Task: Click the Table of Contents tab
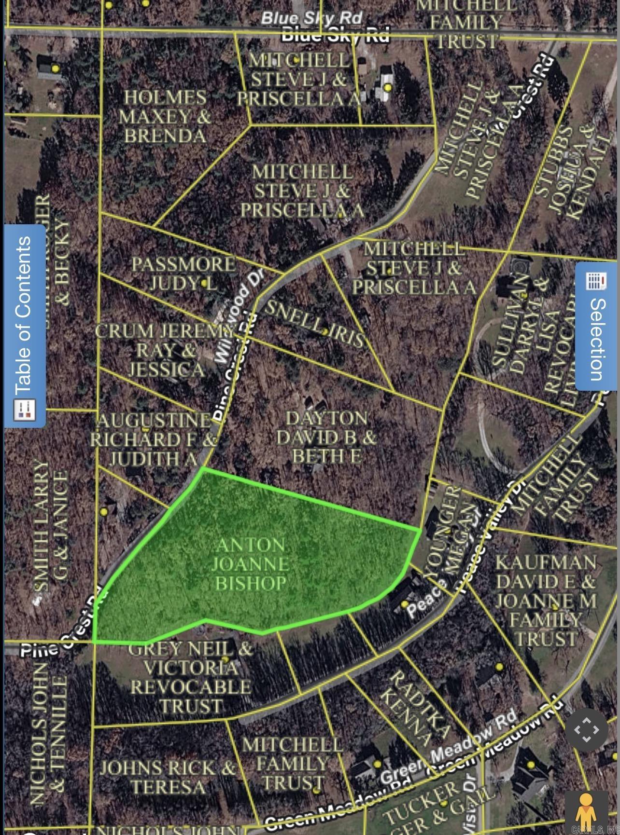pyautogui.click(x=25, y=327)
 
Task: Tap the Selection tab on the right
pyautogui.click(x=597, y=327)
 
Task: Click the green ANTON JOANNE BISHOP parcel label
pyautogui.click(x=250, y=564)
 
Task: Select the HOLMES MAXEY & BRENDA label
pyautogui.click(x=165, y=117)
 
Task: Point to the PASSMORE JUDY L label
pyautogui.click(x=183, y=274)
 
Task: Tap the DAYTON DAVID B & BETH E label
pyautogui.click(x=326, y=437)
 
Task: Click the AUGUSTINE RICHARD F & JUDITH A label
pyautogui.click(x=154, y=439)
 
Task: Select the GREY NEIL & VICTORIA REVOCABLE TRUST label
pyautogui.click(x=191, y=677)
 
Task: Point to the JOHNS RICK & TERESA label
pyautogui.click(x=167, y=777)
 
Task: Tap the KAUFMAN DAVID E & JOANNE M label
pyautogui.click(x=546, y=601)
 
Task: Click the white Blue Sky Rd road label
pyautogui.click(x=311, y=18)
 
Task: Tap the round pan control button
pyautogui.click(x=586, y=730)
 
